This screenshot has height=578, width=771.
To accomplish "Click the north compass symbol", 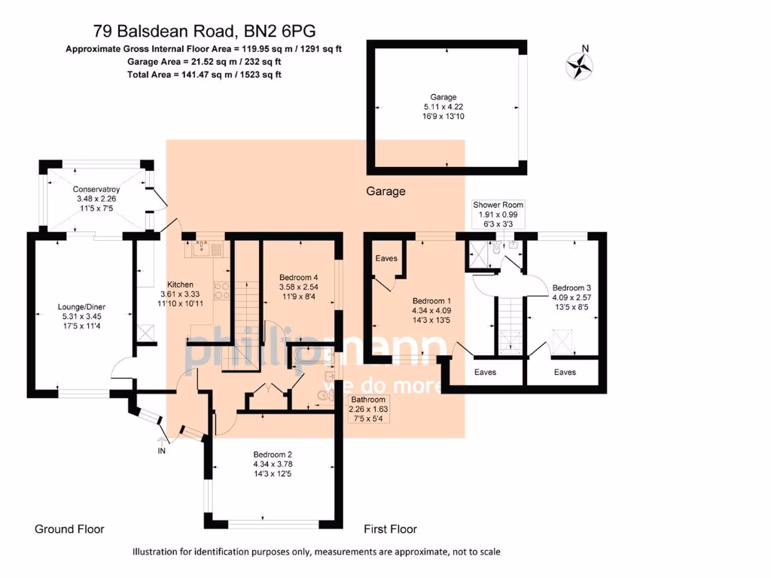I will tap(579, 65).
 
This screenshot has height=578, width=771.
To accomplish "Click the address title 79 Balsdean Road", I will tap(204, 31).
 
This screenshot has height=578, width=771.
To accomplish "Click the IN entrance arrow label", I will tap(161, 451).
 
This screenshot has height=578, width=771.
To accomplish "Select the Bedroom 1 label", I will tap(431, 299).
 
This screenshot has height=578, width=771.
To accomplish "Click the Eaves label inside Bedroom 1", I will tap(386, 258).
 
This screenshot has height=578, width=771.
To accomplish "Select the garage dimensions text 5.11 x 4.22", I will tap(443, 108).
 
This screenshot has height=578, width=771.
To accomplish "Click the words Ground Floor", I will tap(69, 529).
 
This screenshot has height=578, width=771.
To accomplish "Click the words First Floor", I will tap(390, 529).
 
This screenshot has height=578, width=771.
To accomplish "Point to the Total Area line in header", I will tap(204, 75).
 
